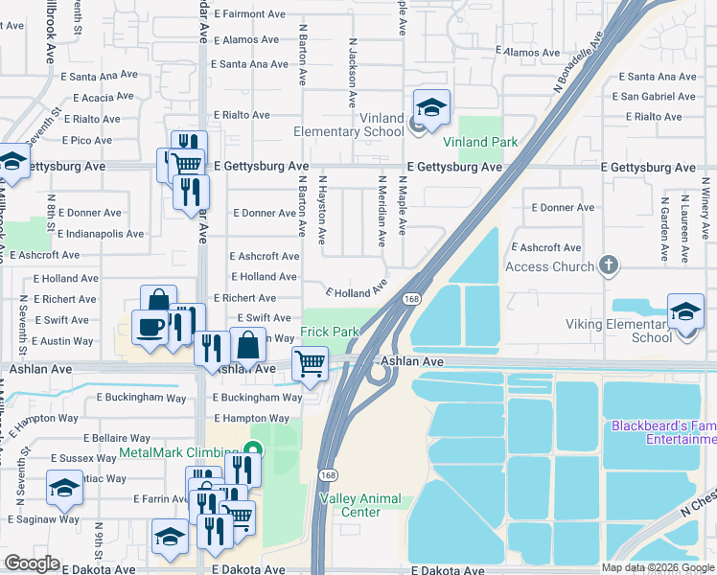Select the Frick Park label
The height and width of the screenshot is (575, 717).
(x=330, y=332)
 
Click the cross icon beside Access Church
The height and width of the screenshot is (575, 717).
(x=608, y=264)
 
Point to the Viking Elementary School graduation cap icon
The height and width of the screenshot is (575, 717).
(x=686, y=312)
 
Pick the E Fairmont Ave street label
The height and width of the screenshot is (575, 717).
(x=250, y=14)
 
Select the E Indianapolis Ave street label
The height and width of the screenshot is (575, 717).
(x=101, y=234)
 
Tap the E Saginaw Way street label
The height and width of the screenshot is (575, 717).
(x=43, y=518)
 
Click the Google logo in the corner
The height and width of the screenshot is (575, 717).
(x=32, y=563)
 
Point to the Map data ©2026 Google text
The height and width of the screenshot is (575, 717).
(x=657, y=567)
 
